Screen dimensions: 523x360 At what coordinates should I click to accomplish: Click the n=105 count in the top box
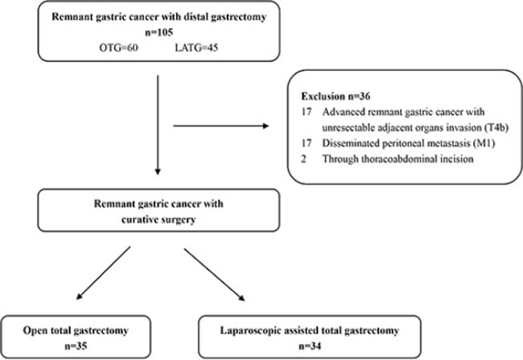pyautogui.click(x=159, y=32)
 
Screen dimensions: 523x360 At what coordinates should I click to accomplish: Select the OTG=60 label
pyautogui.click(x=119, y=48)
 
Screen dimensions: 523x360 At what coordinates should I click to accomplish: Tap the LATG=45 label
pyautogui.click(x=196, y=48)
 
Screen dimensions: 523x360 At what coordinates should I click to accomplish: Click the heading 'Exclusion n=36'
pyautogui.click(x=336, y=97)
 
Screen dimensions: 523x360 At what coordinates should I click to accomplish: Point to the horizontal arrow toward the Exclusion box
pyautogui.click(x=221, y=126)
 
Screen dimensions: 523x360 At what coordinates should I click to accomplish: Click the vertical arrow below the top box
pyautogui.click(x=158, y=125)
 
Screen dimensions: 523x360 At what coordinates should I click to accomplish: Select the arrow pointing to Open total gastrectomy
pyautogui.click(x=104, y=273)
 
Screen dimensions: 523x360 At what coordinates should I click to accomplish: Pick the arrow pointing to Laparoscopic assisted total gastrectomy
pyautogui.click(x=215, y=275)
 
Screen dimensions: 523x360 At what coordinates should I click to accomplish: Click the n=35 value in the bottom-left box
pyautogui.click(x=76, y=346)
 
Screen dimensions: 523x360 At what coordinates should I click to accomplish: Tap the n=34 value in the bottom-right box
pyautogui.click(x=310, y=346)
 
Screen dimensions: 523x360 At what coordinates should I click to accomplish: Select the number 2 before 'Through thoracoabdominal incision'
pyautogui.click(x=303, y=159)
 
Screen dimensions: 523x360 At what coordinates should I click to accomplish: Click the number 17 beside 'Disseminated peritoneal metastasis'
pyautogui.click(x=307, y=143)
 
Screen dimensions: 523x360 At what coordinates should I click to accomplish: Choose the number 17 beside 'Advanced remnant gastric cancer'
pyautogui.click(x=307, y=111)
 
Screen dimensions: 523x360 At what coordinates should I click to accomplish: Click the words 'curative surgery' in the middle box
pyautogui.click(x=159, y=220)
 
